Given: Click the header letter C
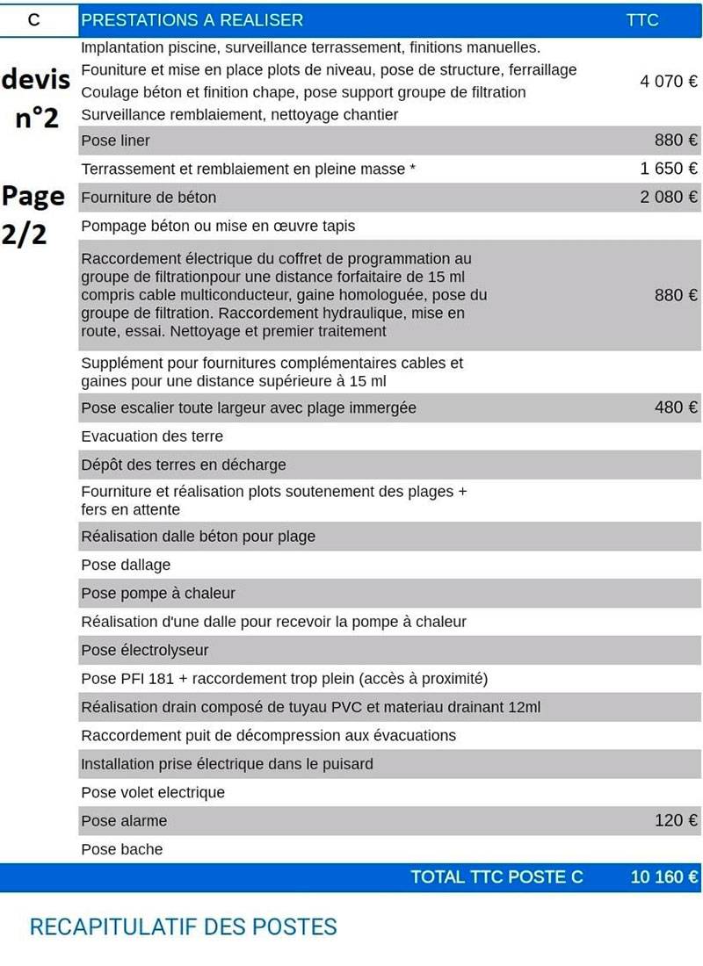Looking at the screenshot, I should coord(34,19).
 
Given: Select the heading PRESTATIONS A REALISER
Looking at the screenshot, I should coord(192,19).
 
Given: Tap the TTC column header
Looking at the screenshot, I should coord(642,19).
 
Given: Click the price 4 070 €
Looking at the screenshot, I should coord(669,82).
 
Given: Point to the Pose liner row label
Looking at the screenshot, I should coord(115,141).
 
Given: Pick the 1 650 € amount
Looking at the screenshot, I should coord(669,169).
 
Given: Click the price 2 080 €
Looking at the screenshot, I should coord(669,197).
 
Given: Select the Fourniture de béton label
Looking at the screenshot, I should coord(149,198).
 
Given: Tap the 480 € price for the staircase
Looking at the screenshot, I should coord(676,407).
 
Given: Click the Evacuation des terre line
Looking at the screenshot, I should coord(152,436).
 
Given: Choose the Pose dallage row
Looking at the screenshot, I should coord(126,565).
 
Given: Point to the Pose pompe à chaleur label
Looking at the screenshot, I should coord(158,594).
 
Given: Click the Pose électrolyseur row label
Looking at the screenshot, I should coord(145,651).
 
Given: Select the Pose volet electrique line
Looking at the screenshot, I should coord(153,793).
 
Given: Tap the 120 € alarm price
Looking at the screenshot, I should coord(676,821).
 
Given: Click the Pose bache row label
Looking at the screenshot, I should coord(122,850).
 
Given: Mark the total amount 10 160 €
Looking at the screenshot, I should coord(664,877).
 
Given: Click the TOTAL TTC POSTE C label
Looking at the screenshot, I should coord(496,877).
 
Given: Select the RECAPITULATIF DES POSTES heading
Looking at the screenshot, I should coord(183,927).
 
